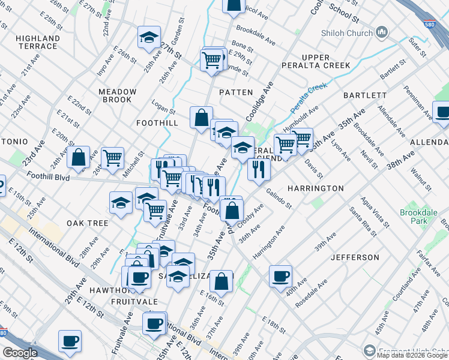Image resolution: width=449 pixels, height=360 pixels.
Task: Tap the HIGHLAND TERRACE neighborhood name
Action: pyautogui.click(x=38, y=42)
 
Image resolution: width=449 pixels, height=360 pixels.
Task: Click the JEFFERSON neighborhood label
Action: pyautogui.click(x=355, y=257)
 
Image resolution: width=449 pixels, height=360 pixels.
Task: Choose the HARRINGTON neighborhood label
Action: pyautogui.click(x=315, y=188)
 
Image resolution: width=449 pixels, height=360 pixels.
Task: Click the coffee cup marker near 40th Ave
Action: pyautogui.click(x=280, y=277)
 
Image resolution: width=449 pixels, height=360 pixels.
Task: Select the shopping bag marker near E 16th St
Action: pyautogui.click(x=221, y=283)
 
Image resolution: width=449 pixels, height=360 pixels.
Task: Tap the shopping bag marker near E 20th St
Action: pyautogui.click(x=79, y=158)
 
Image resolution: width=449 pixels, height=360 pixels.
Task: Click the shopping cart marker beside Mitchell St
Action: pyautogui.click(x=112, y=158)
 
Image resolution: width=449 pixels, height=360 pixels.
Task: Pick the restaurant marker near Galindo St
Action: pyautogui.click(x=259, y=170)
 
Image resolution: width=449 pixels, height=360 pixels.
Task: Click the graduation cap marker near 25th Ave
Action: pyautogui.click(x=149, y=38)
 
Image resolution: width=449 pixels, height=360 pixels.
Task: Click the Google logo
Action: pyautogui.click(x=20, y=353)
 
